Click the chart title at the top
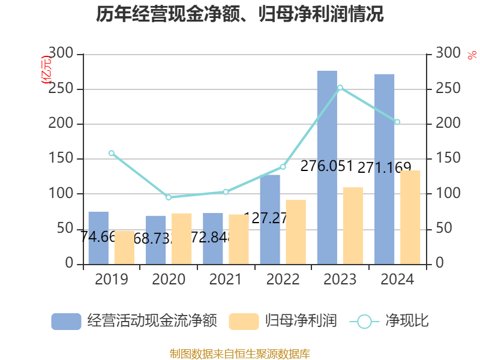click(240, 14)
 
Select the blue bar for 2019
click(98, 238)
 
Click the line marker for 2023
click(340, 88)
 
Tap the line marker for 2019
click(112, 153)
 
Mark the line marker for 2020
click(169, 197)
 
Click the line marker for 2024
click(397, 122)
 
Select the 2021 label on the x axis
click(226, 280)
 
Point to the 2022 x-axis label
click(283, 280)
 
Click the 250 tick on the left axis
click(62, 89)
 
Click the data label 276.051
click(326, 166)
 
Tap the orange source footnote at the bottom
click(240, 353)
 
